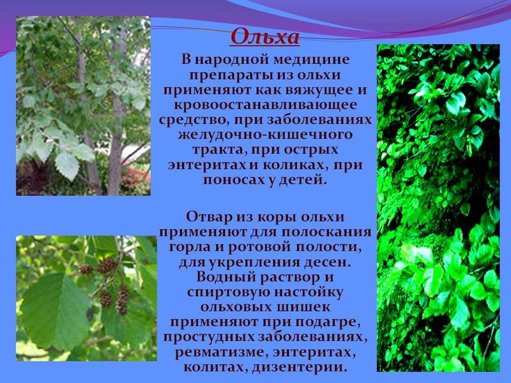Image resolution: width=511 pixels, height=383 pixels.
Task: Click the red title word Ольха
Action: [x=264, y=36]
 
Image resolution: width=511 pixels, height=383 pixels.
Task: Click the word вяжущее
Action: [x=320, y=90]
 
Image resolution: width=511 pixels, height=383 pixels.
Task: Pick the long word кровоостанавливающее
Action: [x=265, y=105]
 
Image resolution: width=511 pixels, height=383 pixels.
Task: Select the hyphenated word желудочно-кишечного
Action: [x=265, y=135]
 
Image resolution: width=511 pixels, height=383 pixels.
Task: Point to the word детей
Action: [x=304, y=180]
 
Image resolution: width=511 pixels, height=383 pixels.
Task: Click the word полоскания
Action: [x=326, y=232]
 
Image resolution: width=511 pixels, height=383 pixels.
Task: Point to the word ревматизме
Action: [x=221, y=353]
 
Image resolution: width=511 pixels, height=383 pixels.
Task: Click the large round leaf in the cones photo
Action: [x=53, y=312]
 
